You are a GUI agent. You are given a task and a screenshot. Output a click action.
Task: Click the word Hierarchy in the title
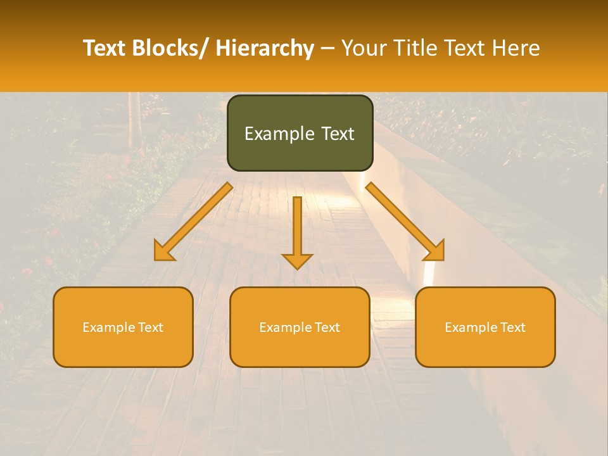coord(265,48)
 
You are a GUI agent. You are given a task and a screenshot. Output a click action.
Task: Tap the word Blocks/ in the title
coord(168,48)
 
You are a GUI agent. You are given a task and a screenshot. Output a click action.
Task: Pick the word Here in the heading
coord(516,48)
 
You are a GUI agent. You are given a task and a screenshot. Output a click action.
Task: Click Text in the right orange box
coord(512,327)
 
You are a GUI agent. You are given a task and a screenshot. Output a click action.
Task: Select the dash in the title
coord(327,48)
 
